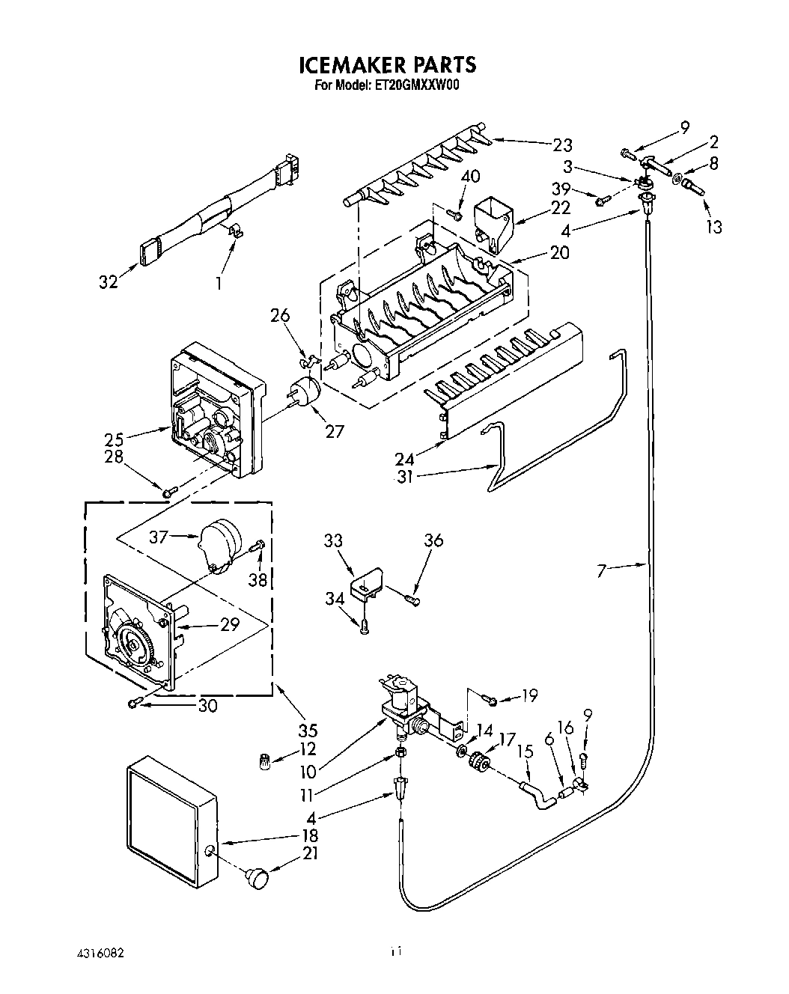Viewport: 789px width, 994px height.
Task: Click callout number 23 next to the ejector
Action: (562, 145)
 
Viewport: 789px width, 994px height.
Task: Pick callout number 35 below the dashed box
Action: (308, 730)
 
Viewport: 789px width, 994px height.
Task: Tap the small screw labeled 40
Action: (454, 214)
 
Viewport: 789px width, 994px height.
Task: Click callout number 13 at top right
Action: (713, 226)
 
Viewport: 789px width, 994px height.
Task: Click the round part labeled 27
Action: (304, 393)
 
